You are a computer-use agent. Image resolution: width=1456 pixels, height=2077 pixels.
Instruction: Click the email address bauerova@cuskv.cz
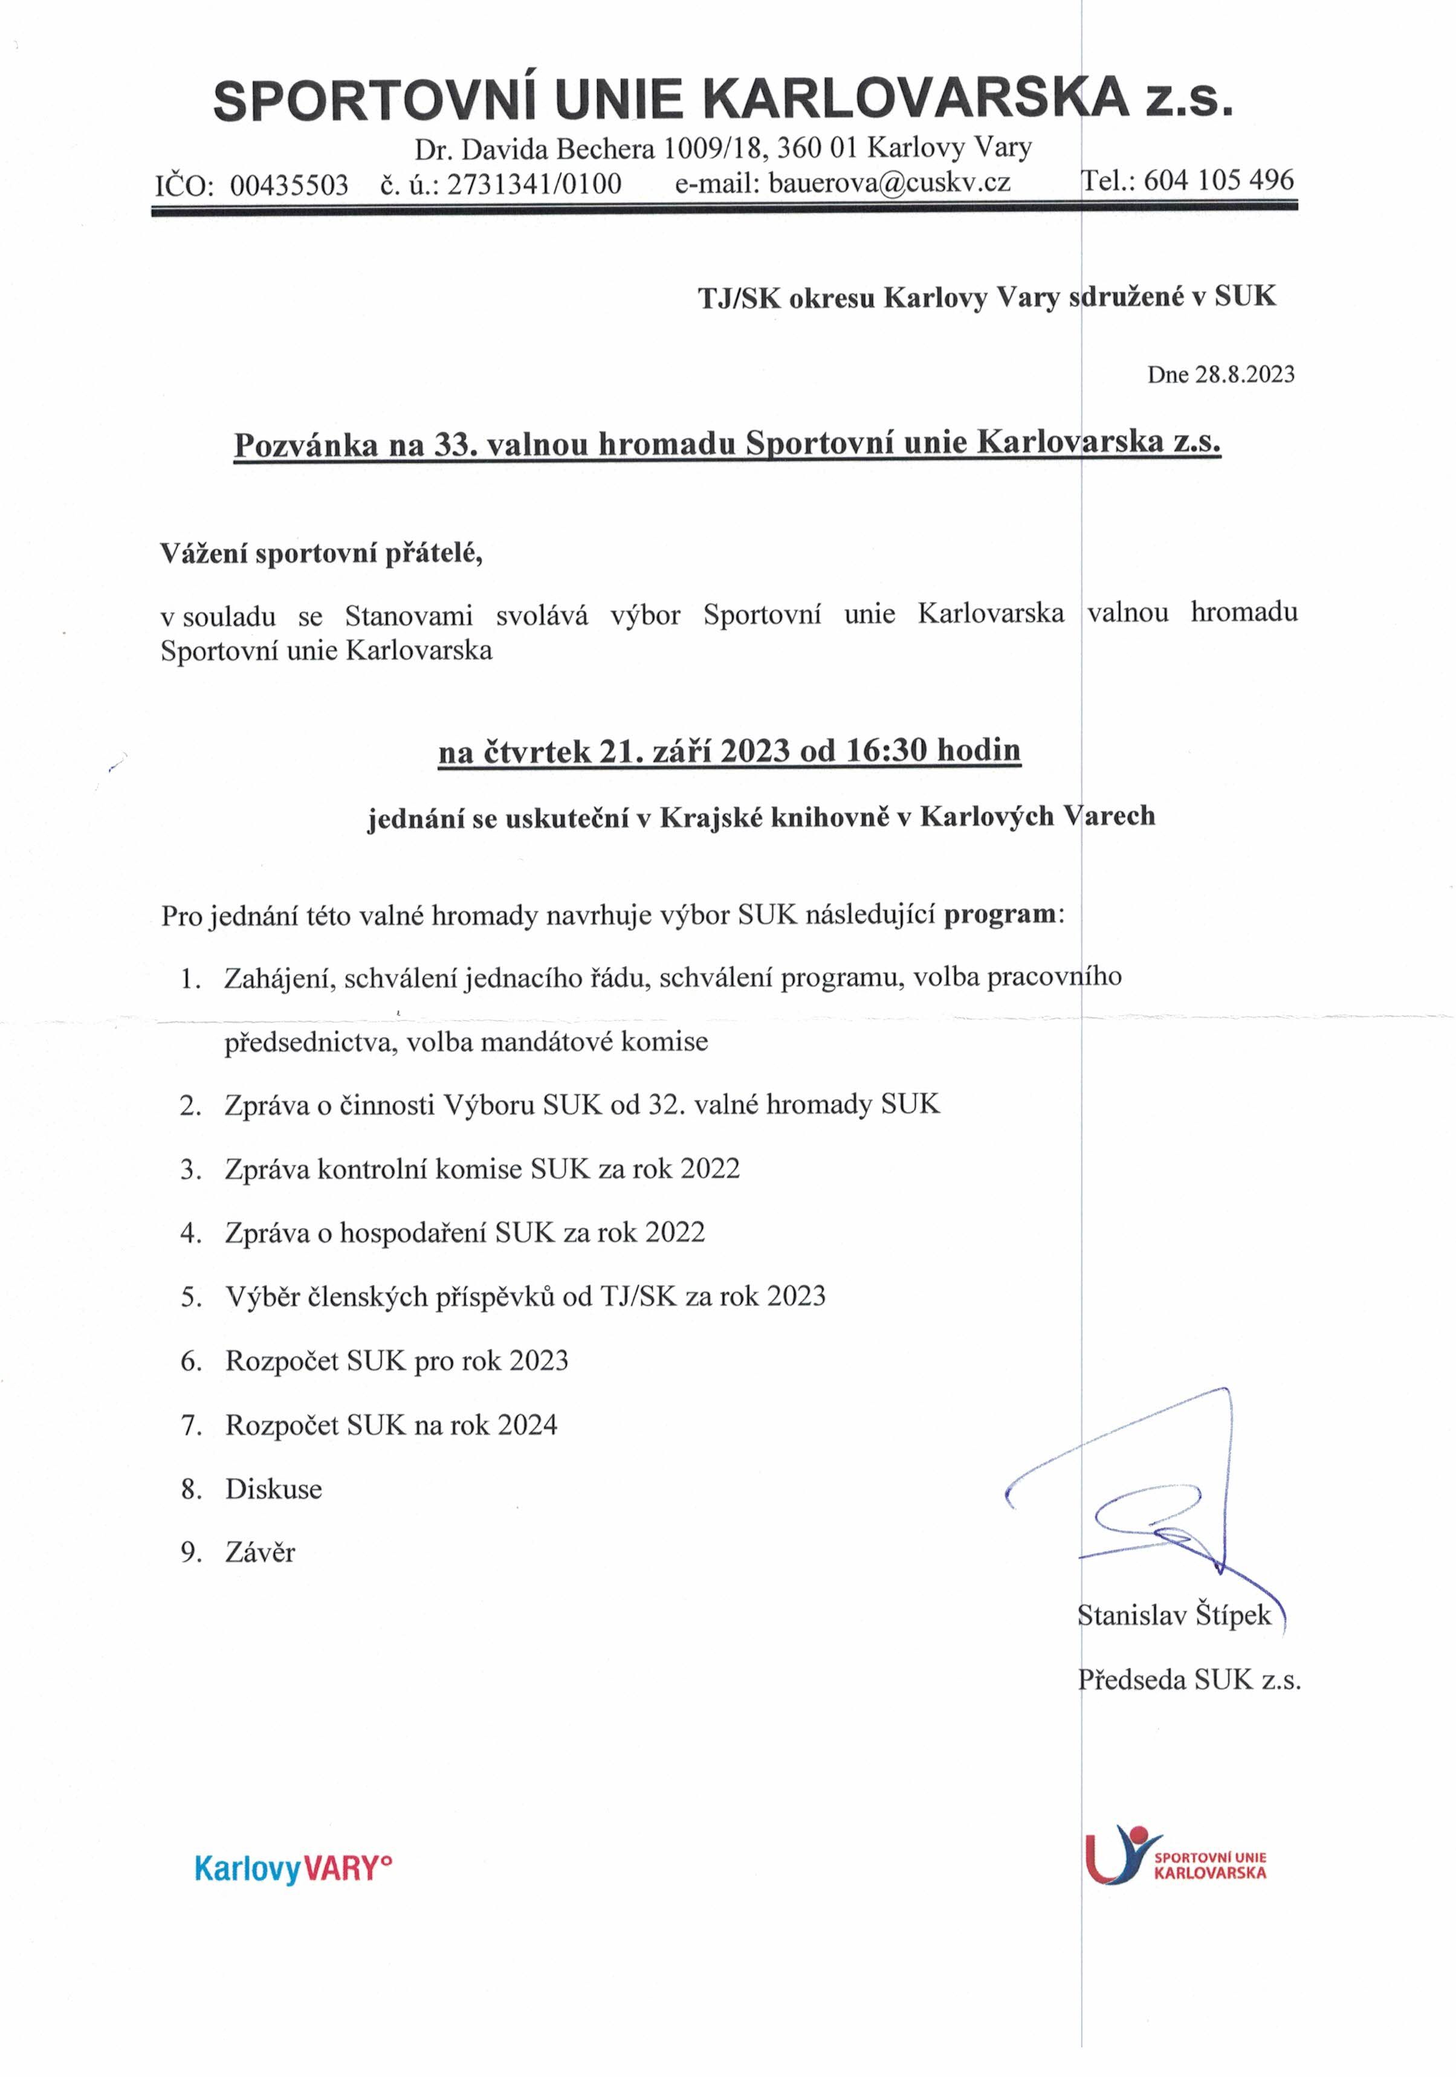pos(888,184)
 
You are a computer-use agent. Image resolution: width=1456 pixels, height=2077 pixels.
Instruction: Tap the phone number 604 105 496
pos(1219,180)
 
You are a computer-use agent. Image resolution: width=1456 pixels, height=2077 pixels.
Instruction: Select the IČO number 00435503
pos(289,186)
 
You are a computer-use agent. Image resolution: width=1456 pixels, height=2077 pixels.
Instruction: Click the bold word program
pos(999,914)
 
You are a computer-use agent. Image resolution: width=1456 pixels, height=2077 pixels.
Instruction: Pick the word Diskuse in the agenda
pos(273,1489)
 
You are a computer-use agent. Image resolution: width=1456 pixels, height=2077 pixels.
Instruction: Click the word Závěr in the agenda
pos(260,1553)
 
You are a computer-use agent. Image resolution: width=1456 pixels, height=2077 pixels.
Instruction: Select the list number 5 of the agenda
pos(189,1297)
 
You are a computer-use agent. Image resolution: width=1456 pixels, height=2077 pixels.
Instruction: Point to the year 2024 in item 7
pos(526,1426)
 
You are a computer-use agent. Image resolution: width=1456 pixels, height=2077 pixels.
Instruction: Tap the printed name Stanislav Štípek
pos(1174,1616)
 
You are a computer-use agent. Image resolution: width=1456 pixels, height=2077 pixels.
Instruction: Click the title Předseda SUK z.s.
pos(1188,1680)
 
